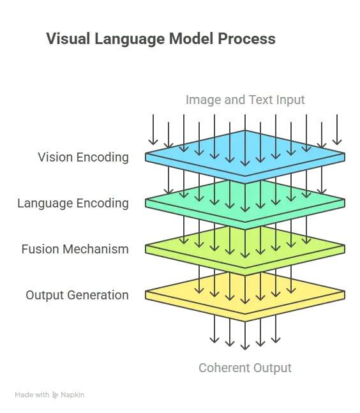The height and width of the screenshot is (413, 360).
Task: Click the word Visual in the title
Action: click(x=68, y=38)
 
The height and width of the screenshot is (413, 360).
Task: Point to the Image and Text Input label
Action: click(x=245, y=100)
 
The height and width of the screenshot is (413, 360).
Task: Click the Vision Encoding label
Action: click(x=83, y=158)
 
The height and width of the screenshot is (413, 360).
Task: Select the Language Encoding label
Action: click(x=73, y=204)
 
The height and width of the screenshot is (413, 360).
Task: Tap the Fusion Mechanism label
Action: click(x=75, y=249)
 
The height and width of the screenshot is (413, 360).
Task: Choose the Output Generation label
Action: click(x=77, y=296)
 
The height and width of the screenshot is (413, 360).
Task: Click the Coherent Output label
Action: click(x=245, y=368)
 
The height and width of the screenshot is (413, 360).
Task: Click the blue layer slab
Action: click(x=245, y=157)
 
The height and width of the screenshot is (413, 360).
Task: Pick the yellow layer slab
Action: click(x=245, y=295)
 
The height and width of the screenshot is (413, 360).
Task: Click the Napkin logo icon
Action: click(x=55, y=395)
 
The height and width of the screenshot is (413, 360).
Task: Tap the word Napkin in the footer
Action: click(x=72, y=395)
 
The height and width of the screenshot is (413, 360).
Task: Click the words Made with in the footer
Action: click(x=32, y=395)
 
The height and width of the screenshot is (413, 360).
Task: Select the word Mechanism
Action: click(x=96, y=249)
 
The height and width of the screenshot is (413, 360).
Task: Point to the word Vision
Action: click(x=55, y=157)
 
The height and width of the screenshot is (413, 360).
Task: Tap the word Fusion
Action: click(x=40, y=249)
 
